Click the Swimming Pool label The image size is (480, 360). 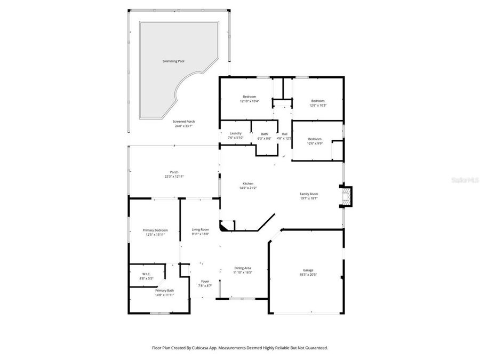[x=173, y=61]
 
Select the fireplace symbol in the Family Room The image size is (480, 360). [x=347, y=195]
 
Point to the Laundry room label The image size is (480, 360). [x=235, y=133]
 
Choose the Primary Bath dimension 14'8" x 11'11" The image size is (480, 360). [x=164, y=295]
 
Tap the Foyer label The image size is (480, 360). [x=205, y=282]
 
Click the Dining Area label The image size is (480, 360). [x=243, y=268]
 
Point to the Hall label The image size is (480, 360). [x=284, y=134]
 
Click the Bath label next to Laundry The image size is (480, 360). [x=265, y=134]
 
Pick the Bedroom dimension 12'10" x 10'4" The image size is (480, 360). [x=249, y=101]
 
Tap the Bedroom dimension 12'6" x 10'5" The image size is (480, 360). [x=318, y=105]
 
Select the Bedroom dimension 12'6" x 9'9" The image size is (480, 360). [x=315, y=143]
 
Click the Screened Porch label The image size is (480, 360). [x=183, y=122]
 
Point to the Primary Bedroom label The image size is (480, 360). [x=155, y=230]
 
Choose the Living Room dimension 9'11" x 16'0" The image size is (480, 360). [x=201, y=234]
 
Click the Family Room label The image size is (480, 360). [x=309, y=194]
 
